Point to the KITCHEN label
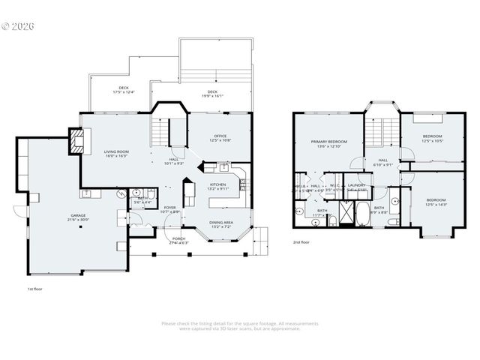[x=218, y=184]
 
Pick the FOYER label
[x=169, y=208]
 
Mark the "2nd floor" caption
[x=302, y=242]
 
